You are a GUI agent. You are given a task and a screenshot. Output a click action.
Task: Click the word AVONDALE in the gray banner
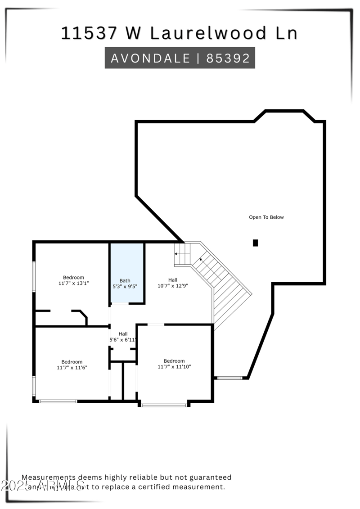(x=150, y=58)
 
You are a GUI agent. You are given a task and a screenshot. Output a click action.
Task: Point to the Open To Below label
(x=266, y=217)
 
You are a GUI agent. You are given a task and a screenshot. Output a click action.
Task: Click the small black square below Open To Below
(x=256, y=243)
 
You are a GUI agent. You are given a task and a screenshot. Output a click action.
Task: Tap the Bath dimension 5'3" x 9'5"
(x=125, y=286)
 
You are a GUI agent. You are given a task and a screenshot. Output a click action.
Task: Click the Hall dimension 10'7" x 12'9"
(x=173, y=286)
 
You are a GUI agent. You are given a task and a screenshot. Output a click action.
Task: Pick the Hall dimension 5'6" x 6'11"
(x=123, y=340)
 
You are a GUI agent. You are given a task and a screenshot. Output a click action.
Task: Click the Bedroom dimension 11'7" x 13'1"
(x=73, y=284)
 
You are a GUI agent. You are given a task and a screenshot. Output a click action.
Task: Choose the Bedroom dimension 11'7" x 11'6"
(x=72, y=368)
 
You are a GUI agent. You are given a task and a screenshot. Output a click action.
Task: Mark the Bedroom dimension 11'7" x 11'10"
(x=174, y=367)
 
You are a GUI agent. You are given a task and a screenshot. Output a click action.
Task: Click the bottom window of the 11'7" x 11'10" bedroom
(x=164, y=405)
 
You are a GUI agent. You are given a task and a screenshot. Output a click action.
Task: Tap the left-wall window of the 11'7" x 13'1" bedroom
(x=34, y=276)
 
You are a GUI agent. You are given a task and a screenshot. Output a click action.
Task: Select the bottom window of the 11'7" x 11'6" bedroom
(x=58, y=401)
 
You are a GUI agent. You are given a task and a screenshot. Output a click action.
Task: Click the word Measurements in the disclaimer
(x=49, y=477)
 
